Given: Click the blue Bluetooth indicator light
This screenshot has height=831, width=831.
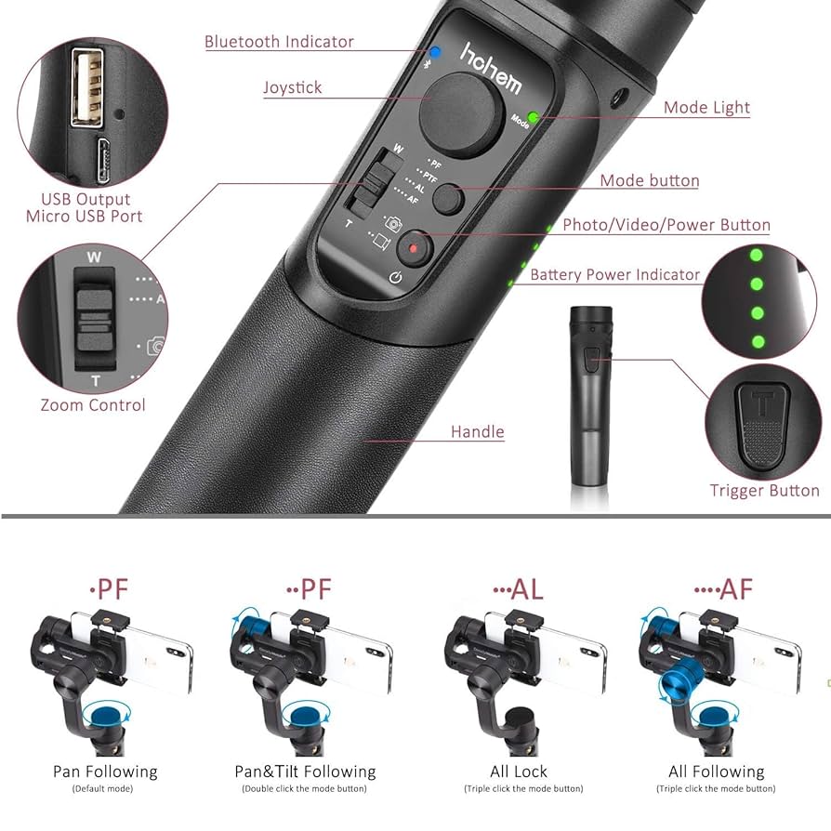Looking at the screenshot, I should (434, 53).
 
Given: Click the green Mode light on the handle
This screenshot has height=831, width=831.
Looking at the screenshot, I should (534, 118).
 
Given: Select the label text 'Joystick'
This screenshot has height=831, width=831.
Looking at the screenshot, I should (292, 87).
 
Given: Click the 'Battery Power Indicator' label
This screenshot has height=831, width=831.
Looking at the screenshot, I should (614, 274).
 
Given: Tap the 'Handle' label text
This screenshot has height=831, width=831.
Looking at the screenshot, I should (477, 431).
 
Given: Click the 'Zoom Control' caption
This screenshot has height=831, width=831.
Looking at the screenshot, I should (93, 404).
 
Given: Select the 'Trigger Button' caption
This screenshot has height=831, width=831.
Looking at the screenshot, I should (764, 490).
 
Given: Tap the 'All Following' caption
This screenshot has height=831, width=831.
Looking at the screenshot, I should (716, 772).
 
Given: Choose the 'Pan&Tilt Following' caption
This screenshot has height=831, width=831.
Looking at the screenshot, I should (305, 772).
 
